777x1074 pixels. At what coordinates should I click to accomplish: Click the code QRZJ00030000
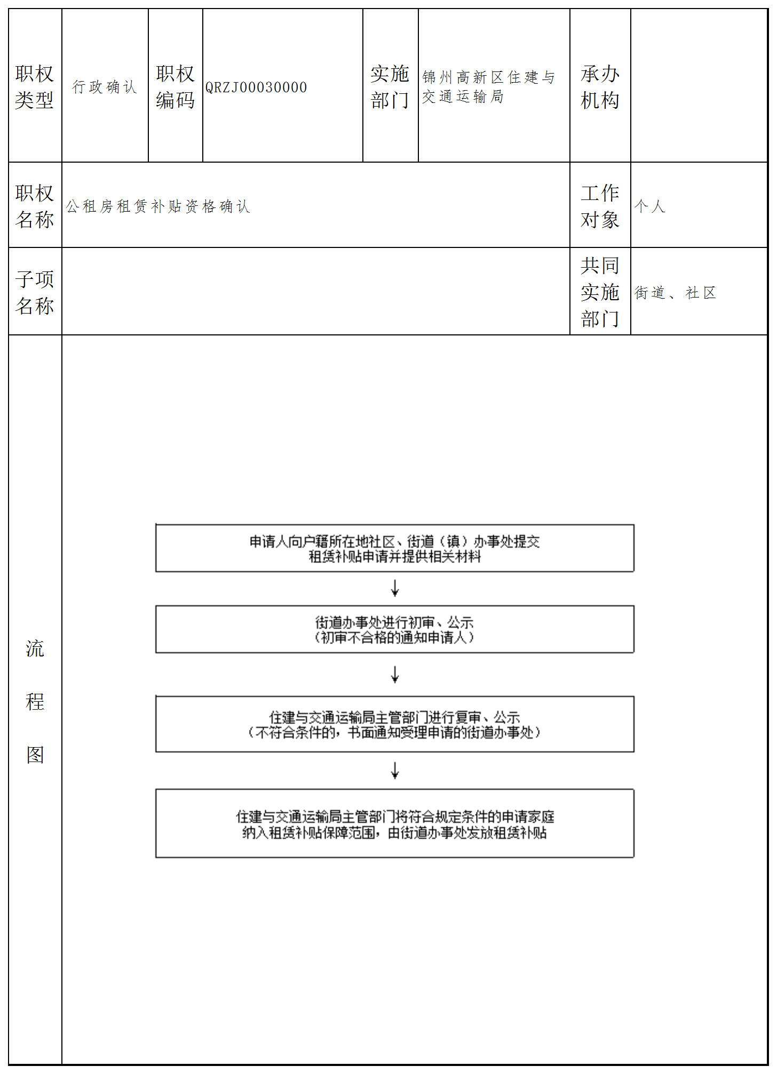pyautogui.click(x=256, y=87)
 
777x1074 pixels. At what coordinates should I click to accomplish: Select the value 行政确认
pyautogui.click(x=105, y=87)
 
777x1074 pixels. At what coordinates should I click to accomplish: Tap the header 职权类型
pyautogui.click(x=35, y=87)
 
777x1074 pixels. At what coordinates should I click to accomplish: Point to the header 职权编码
pyautogui.click(x=175, y=87)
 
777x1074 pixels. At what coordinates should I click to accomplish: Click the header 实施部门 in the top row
pyautogui.click(x=390, y=87)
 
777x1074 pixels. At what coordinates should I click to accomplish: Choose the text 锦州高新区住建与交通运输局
pyautogui.click(x=488, y=87)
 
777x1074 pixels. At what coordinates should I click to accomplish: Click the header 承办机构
pyautogui.click(x=600, y=87)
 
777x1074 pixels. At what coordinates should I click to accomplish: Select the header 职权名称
pyautogui.click(x=35, y=206)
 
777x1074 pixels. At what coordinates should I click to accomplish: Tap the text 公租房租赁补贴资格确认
pyautogui.click(x=158, y=206)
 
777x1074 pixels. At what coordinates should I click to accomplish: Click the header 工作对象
pyautogui.click(x=600, y=206)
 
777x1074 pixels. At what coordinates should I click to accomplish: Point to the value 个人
pyautogui.click(x=650, y=206)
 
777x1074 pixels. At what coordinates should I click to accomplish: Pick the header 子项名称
pyautogui.click(x=35, y=292)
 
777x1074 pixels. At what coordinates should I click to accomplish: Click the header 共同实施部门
pyautogui.click(x=600, y=292)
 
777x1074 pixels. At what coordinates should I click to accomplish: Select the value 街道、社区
pyautogui.click(x=675, y=293)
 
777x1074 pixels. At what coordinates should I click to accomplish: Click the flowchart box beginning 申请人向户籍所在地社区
pyautogui.click(x=394, y=549)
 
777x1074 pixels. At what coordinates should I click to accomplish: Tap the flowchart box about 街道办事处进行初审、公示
pyautogui.click(x=394, y=630)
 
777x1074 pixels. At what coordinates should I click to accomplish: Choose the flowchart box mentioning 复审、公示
pyautogui.click(x=394, y=725)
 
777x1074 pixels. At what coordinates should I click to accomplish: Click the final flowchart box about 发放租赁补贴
pyautogui.click(x=394, y=824)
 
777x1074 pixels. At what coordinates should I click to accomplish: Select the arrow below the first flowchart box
pyautogui.click(x=395, y=588)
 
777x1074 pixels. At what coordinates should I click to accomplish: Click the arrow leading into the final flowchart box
pyautogui.click(x=395, y=771)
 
